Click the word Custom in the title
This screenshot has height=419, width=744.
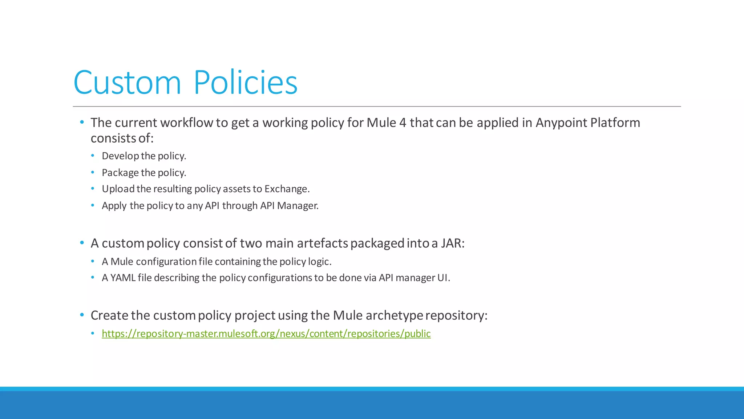127,83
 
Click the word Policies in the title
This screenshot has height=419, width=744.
246,83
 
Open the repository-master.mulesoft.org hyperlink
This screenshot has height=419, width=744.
266,334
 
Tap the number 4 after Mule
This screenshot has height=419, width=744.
403,123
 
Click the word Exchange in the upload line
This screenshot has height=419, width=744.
286,189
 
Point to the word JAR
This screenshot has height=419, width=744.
452,243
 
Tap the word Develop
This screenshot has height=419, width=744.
120,156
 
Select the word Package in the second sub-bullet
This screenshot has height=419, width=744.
120,173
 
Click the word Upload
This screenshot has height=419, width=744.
118,189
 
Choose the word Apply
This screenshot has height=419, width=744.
114,206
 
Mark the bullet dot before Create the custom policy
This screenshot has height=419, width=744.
82,315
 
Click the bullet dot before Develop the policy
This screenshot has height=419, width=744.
93,156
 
